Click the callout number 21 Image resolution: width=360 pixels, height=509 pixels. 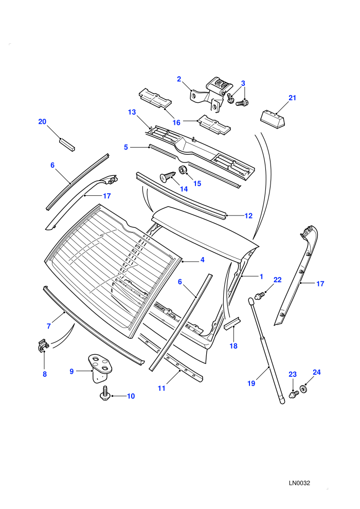[293, 98]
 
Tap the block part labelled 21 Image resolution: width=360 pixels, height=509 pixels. [273, 119]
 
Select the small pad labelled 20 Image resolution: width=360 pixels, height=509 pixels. [67, 144]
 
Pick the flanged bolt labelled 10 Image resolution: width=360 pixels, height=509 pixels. [105, 393]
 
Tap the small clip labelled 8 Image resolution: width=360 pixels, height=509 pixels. [43, 345]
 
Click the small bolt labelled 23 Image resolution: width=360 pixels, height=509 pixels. [293, 394]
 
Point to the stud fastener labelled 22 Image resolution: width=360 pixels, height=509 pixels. [260, 296]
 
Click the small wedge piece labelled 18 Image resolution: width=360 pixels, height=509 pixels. [232, 323]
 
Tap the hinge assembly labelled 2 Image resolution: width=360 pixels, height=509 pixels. [212, 94]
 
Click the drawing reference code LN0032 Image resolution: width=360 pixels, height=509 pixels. [299, 483]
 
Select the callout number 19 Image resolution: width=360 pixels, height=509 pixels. [251, 384]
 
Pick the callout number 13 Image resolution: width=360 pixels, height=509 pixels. [132, 112]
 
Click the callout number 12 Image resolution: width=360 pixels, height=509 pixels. [248, 215]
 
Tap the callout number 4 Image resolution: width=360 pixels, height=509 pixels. [202, 260]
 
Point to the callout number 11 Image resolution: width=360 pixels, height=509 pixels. [161, 388]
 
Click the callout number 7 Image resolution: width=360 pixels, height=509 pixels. [49, 326]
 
